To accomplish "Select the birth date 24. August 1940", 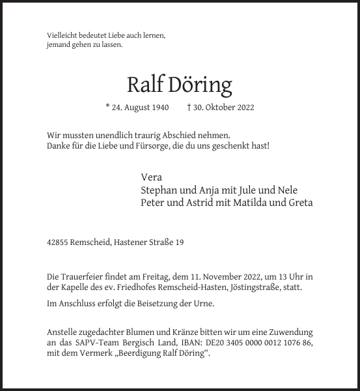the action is tap(140, 107).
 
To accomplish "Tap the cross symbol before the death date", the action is tap(189, 106).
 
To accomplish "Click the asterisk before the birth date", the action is tap(107, 106).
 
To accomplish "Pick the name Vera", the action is tap(151, 177).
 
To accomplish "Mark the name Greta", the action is tap(300, 203).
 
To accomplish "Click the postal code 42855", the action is tap(58, 242).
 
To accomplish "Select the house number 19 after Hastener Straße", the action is tap(179, 242).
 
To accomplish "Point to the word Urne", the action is tap(204, 304).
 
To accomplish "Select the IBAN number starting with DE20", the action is tap(257, 343).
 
